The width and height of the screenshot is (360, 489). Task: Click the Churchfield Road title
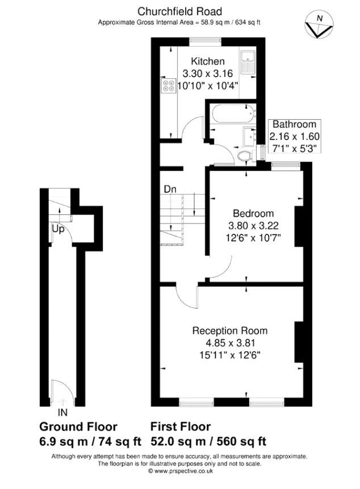point(180,11)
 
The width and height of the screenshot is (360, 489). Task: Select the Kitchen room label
point(208,61)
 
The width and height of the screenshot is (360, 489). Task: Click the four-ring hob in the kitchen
point(169,86)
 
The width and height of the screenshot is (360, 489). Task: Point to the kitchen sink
point(248,62)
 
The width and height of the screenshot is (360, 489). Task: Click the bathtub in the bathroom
point(233,114)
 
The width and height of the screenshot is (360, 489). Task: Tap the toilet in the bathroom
point(245,155)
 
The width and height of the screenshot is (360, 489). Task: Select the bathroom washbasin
point(249,136)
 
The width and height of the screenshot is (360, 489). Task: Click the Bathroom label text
point(295,124)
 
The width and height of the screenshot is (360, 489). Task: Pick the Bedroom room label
point(253,213)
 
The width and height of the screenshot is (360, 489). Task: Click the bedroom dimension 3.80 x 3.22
point(253,225)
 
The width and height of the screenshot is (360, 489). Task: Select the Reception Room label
point(230,331)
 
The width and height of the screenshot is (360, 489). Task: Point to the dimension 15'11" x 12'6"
point(230,355)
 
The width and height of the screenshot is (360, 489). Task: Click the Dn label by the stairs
point(170,189)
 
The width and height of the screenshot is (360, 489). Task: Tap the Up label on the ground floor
point(58,230)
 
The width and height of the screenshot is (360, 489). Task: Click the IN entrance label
point(62,412)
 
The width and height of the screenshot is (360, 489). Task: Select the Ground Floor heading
point(78,427)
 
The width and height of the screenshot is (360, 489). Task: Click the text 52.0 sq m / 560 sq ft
point(208,441)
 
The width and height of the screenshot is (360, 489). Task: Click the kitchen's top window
point(206,40)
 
